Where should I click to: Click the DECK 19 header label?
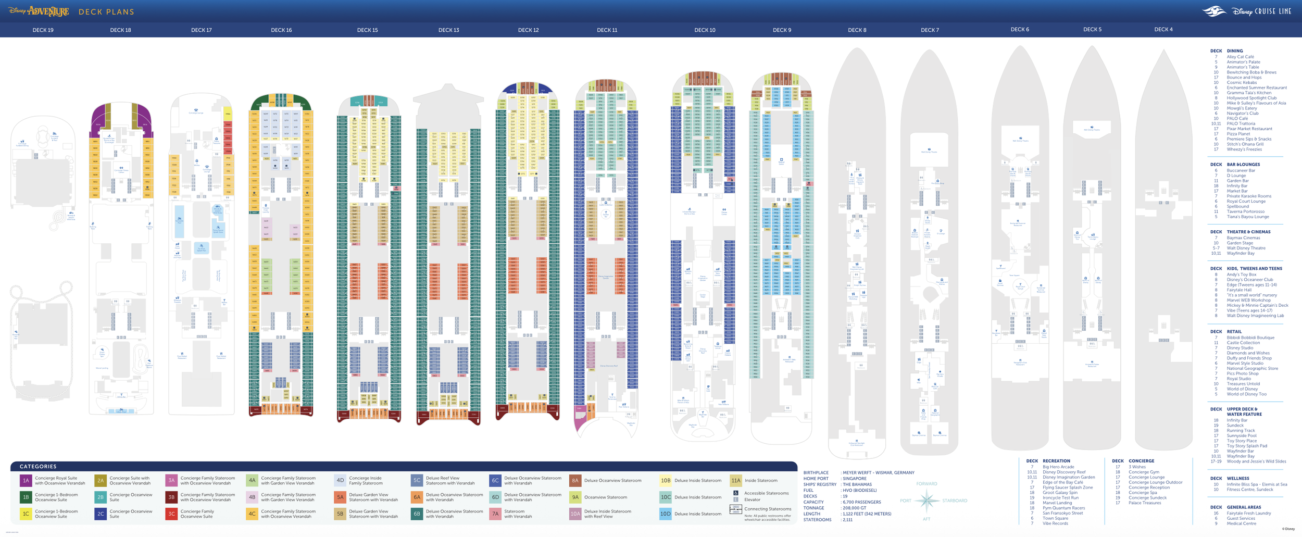tap(43, 30)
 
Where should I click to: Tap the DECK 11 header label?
tap(607, 30)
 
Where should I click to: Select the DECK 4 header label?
tap(1163, 30)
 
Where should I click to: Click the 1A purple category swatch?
tap(26, 480)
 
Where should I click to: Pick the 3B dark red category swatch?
tap(171, 497)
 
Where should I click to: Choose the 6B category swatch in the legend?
tap(417, 514)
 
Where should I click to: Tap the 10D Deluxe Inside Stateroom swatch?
tap(665, 514)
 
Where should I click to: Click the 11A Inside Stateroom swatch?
tap(735, 480)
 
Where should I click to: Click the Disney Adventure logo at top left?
tap(39, 11)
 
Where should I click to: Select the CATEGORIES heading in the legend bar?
tap(38, 466)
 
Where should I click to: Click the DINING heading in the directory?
tap(1235, 51)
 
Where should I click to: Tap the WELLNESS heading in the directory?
tap(1238, 478)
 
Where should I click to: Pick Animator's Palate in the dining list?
tap(1243, 62)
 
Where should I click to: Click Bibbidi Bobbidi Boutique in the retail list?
tap(1250, 338)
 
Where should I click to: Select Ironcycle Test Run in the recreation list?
tap(1060, 497)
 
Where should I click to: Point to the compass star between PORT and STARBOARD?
tap(927, 501)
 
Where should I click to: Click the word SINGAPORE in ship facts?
tap(855, 479)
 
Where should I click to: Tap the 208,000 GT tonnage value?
tap(855, 508)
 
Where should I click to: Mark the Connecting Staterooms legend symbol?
tap(735, 509)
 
